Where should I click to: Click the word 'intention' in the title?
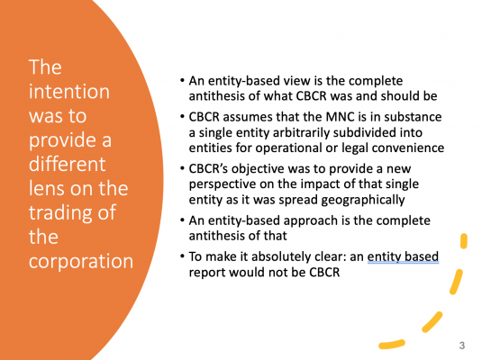(x=66, y=91)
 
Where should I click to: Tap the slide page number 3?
(x=461, y=346)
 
